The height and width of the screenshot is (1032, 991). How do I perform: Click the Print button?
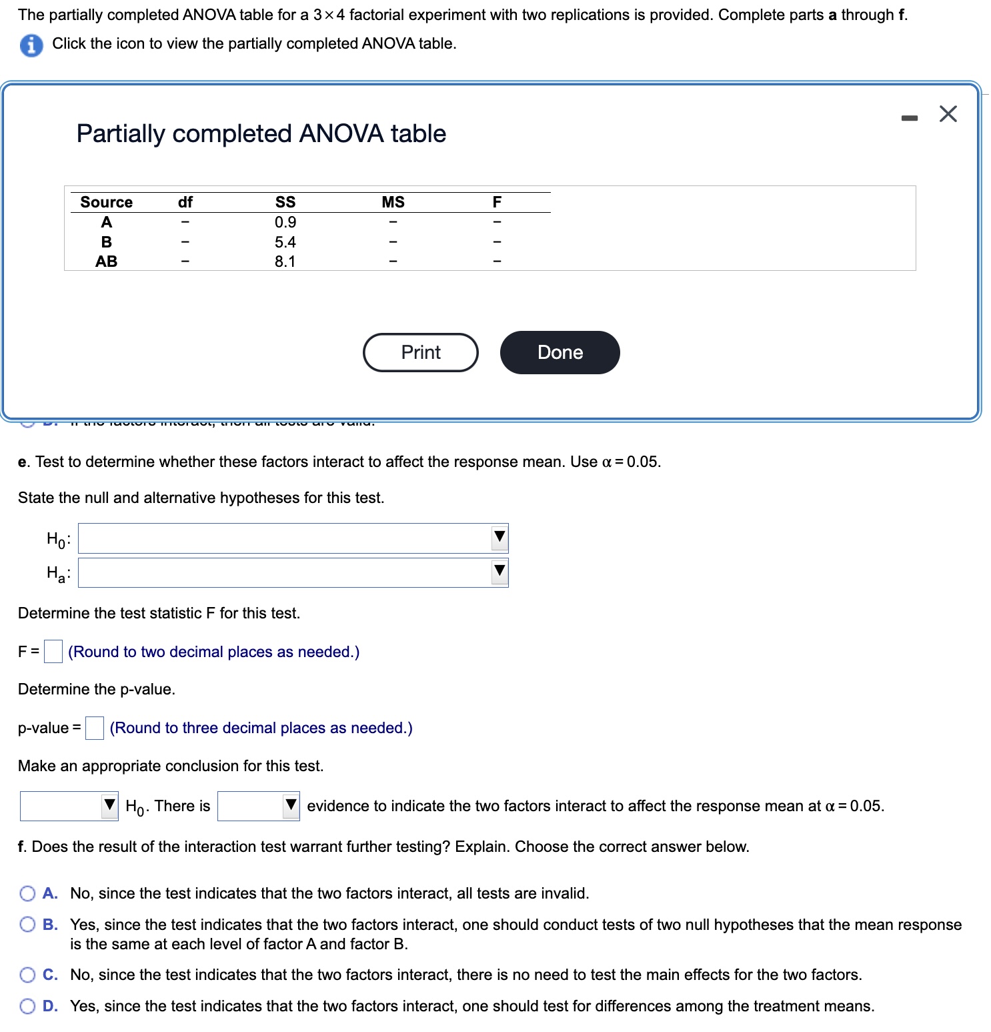420,352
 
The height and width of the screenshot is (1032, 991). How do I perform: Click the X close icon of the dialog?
948,114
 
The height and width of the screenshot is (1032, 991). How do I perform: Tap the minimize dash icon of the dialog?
909,118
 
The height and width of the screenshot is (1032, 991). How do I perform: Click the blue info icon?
31,45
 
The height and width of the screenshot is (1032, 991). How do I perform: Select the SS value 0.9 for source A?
285,222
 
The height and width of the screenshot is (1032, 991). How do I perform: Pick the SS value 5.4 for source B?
285,242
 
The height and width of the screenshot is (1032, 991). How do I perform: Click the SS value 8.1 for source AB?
285,262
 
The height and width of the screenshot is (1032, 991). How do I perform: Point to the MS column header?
393,202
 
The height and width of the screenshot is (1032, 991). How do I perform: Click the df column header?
185,202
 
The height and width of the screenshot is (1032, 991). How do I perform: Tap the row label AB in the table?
106,262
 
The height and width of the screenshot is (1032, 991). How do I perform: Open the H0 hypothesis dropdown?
293,538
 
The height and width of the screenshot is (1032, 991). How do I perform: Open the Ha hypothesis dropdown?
293,573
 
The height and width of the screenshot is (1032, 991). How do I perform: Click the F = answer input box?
53,652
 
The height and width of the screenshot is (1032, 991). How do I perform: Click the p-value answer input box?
95,728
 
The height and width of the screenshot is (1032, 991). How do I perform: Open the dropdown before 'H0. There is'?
69,806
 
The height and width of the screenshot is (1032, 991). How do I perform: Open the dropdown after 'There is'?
259,806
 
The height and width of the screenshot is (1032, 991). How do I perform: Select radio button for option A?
27,893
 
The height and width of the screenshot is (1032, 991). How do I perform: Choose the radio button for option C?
27,975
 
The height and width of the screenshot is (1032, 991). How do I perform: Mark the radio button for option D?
27,1007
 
